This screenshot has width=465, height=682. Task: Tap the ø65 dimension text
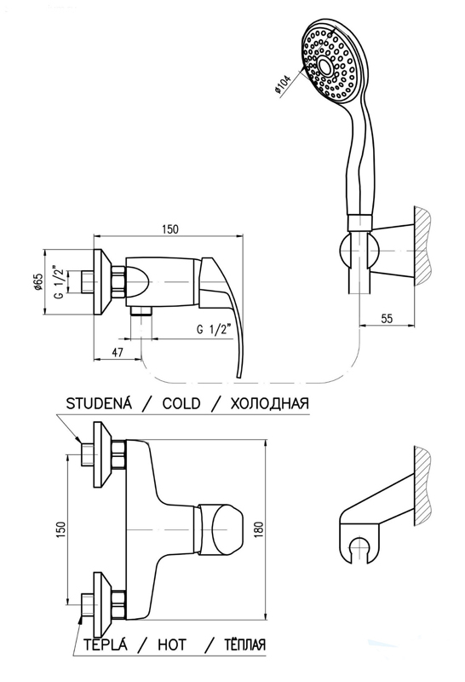(x=37, y=282)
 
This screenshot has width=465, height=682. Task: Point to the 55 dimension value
(x=386, y=318)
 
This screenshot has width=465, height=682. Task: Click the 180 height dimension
(x=259, y=529)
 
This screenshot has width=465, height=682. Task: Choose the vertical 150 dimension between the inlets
(x=60, y=529)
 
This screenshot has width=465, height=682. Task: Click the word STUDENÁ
(x=99, y=403)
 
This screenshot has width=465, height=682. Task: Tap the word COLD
(x=181, y=403)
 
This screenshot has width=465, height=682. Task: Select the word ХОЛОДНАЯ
(x=269, y=403)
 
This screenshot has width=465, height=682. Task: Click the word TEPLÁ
(x=106, y=644)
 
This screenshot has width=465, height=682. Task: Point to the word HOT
(x=172, y=644)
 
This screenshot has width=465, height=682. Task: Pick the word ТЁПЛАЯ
(x=244, y=644)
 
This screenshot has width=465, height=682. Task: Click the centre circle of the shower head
(x=324, y=66)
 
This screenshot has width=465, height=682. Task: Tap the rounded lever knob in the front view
(x=221, y=530)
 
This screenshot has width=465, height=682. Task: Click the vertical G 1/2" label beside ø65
(x=59, y=282)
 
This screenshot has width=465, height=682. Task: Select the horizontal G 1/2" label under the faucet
(x=217, y=329)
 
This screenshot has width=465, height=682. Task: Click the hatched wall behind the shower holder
(x=422, y=246)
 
